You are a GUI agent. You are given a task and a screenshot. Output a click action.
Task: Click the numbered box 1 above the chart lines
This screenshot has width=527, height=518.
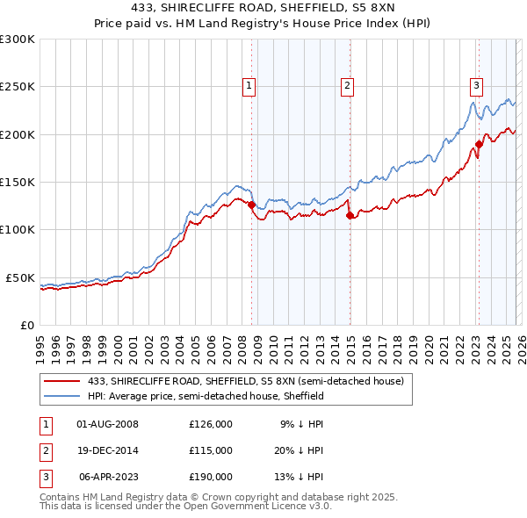coord(249,85)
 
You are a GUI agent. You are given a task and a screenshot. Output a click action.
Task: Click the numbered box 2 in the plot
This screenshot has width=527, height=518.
coord(348,85)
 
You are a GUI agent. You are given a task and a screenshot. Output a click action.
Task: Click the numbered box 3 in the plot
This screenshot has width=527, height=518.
coord(476,85)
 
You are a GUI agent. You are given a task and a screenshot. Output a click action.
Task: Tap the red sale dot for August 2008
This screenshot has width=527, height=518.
coord(252,205)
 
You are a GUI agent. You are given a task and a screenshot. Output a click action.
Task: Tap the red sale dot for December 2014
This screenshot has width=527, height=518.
coord(350,215)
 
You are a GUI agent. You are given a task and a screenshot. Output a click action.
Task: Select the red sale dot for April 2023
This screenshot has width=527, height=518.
coord(479,144)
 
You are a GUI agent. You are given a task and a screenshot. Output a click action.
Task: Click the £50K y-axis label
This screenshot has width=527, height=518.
coord(21,277)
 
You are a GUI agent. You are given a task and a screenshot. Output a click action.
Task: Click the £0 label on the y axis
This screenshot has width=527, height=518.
coord(27,325)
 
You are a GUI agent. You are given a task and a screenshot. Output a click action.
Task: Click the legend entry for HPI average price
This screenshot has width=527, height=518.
coord(206,396)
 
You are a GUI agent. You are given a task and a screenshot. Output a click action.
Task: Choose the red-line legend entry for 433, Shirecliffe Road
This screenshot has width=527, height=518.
coord(245,381)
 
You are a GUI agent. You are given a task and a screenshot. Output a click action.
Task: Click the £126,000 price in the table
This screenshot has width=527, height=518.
coord(211,423)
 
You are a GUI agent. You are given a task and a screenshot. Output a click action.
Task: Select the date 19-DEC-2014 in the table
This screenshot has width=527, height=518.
coord(108,450)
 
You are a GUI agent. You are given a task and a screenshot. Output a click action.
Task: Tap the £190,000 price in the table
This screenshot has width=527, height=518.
coord(211,478)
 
